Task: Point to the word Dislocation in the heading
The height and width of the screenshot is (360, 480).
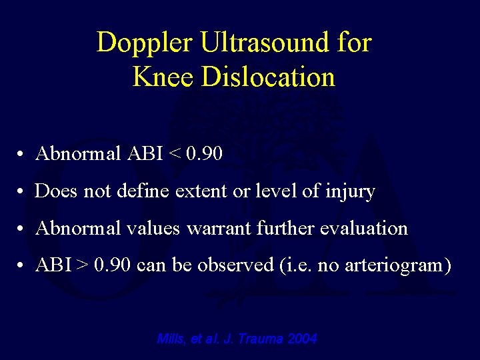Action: tap(268, 77)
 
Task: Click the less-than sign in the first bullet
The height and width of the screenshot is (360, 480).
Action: tap(176, 155)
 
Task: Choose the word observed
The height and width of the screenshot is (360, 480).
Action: tap(231, 265)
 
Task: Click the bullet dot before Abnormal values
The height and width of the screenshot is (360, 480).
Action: tap(22, 229)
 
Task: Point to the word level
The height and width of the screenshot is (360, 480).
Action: tap(271, 192)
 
